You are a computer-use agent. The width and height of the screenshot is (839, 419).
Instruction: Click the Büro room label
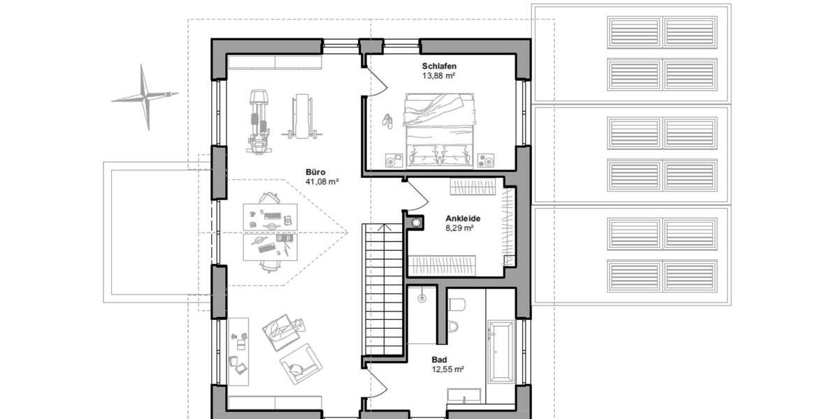[315, 172]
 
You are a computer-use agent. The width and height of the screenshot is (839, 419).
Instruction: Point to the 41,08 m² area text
[322, 182]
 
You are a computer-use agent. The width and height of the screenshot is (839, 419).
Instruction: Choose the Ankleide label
[462, 218]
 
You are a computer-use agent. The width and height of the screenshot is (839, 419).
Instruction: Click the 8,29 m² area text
[460, 228]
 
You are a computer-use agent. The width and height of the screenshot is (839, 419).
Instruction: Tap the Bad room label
[438, 359]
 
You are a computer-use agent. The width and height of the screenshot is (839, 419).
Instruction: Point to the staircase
[382, 290]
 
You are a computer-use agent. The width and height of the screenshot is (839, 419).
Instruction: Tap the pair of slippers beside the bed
[387, 121]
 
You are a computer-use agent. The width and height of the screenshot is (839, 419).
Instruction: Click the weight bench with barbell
[302, 115]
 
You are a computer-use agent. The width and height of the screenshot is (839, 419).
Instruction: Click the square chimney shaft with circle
[417, 223]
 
